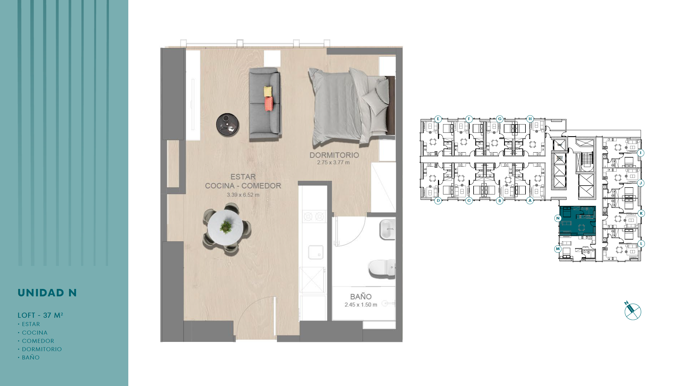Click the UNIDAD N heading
click(47, 293)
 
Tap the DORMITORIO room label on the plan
click(334, 155)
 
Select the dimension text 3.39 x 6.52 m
click(243, 195)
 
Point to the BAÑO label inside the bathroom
click(361, 296)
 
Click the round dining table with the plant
click(226, 228)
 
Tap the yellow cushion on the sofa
click(268, 91)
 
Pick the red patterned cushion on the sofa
click(269, 104)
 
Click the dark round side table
click(228, 124)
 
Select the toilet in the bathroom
click(382, 268)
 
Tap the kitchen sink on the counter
click(316, 252)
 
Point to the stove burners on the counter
click(314, 217)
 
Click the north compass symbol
click(632, 311)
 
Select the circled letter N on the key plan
click(558, 218)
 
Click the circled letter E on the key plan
click(438, 119)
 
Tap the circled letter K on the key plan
click(641, 213)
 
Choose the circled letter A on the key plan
click(530, 200)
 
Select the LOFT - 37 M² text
click(40, 315)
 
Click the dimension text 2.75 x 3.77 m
click(333, 162)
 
